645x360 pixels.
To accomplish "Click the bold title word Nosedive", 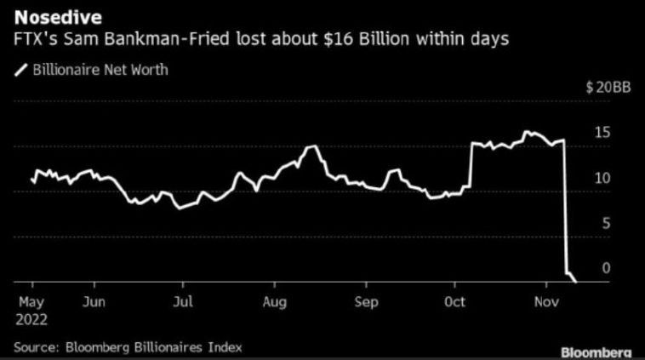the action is pyautogui.click(x=58, y=18).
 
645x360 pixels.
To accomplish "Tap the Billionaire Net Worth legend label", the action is pyautogui.click(x=100, y=70).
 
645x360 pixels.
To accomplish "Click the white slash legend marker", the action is pyautogui.click(x=21, y=70).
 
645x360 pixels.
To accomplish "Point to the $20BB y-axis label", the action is pyautogui.click(x=608, y=87).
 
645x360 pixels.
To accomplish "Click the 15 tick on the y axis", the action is pyautogui.click(x=602, y=133).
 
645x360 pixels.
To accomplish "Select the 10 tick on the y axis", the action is pyautogui.click(x=602, y=178).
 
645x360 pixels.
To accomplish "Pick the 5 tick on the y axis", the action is pyautogui.click(x=606, y=224).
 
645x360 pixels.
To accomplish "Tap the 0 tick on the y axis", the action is pyautogui.click(x=606, y=268).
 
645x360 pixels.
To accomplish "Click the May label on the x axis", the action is pyautogui.click(x=31, y=303).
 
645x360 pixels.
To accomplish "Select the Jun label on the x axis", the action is pyautogui.click(x=94, y=302).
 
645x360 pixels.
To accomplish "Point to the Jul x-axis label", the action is pyautogui.click(x=183, y=302).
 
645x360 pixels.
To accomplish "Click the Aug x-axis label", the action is pyautogui.click(x=274, y=303).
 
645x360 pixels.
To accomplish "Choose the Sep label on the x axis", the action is pyautogui.click(x=366, y=303).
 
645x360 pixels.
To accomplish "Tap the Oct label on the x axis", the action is pyautogui.click(x=454, y=302).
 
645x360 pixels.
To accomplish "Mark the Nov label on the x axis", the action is pyautogui.click(x=546, y=302).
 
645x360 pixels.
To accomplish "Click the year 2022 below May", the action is pyautogui.click(x=31, y=320).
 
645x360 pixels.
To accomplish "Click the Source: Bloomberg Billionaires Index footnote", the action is pyautogui.click(x=128, y=347).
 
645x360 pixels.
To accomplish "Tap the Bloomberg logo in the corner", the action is pyautogui.click(x=596, y=352).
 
